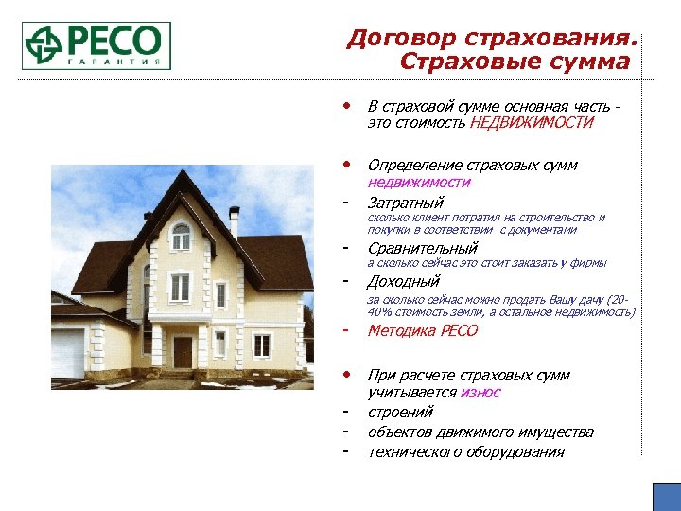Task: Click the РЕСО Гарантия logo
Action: pyautogui.click(x=96, y=44)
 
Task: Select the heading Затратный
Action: pyautogui.click(x=405, y=202)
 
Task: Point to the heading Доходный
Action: pyautogui.click(x=403, y=281)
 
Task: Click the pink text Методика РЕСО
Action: pyautogui.click(x=423, y=330)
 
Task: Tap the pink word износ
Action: pyautogui.click(x=481, y=392)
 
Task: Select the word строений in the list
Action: pyautogui.click(x=400, y=412)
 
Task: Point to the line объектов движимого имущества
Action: pyautogui.click(x=480, y=432)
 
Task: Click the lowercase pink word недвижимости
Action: pyautogui.click(x=418, y=183)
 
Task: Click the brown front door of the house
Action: pyautogui.click(x=183, y=352)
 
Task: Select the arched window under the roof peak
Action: pyautogui.click(x=181, y=236)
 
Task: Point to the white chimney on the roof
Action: pyautogui.click(x=234, y=221)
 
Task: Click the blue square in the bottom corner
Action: pyautogui.click(x=666, y=497)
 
